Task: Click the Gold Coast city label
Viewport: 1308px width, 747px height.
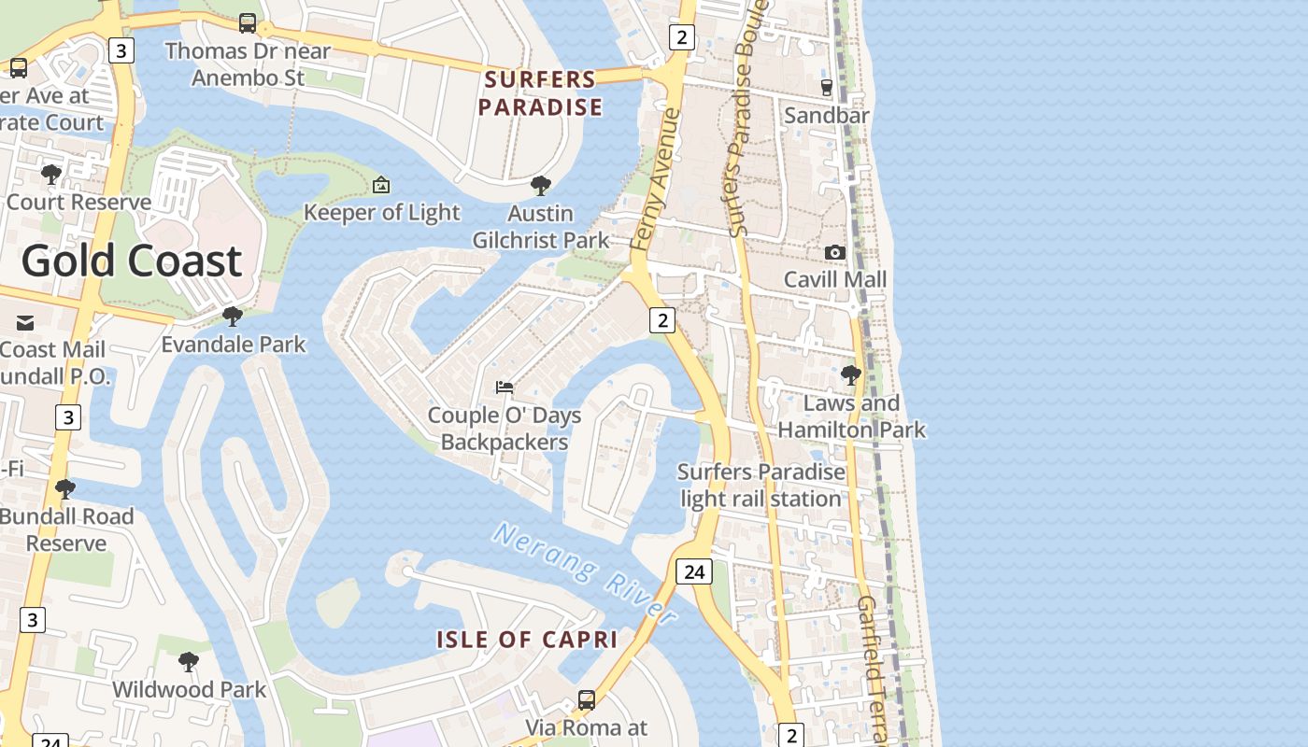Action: pyautogui.click(x=132, y=261)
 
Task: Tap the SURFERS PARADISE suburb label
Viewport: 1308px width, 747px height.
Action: pyautogui.click(x=541, y=93)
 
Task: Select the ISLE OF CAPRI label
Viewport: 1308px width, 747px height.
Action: pyautogui.click(x=527, y=640)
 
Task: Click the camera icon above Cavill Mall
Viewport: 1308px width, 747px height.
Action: pyautogui.click(x=835, y=252)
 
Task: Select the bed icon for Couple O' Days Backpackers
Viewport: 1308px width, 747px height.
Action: pyautogui.click(x=505, y=387)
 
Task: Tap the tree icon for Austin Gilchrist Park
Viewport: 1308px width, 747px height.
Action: pyautogui.click(x=540, y=186)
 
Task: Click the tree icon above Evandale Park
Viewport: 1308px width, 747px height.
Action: pyautogui.click(x=233, y=317)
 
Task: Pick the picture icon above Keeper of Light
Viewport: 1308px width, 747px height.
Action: pyautogui.click(x=381, y=185)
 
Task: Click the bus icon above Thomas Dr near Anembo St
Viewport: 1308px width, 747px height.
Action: pyautogui.click(x=248, y=23)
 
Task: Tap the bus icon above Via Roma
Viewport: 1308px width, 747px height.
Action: pyautogui.click(x=587, y=699)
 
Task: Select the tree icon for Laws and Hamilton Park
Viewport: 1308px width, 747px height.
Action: pyautogui.click(x=851, y=375)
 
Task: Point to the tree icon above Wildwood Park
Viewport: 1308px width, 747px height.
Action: pyautogui.click(x=189, y=662)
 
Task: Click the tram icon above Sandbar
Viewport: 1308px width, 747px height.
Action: pyautogui.click(x=826, y=88)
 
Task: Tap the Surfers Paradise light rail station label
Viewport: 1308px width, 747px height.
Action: pyautogui.click(x=761, y=486)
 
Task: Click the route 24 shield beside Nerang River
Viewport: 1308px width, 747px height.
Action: pyautogui.click(x=693, y=571)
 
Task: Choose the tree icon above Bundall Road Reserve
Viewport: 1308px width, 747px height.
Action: pyautogui.click(x=65, y=488)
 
